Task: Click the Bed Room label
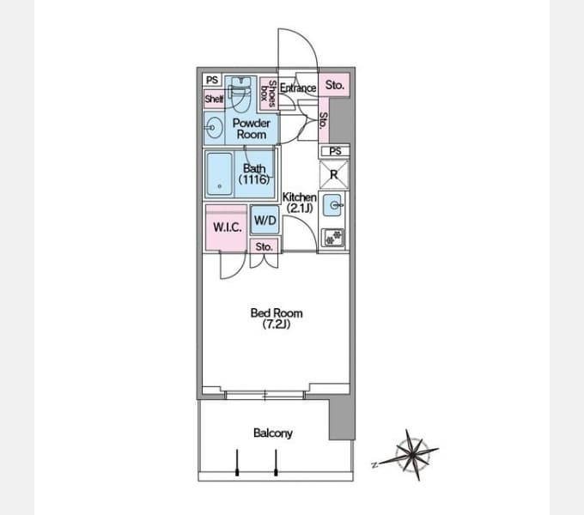pos(277,318)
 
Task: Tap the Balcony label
pos(272,433)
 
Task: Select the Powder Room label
pos(252,129)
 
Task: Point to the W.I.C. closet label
pos(228,227)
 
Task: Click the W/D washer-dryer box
pos(265,221)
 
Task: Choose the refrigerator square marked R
pos(334,174)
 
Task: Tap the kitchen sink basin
pos(332,205)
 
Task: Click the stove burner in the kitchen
pos(333,238)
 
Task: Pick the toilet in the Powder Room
pos(239,94)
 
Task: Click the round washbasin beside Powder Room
pos(214,128)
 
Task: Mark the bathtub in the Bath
pos(219,174)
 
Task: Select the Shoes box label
pos(269,94)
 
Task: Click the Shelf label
pos(214,99)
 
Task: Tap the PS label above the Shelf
pos(212,80)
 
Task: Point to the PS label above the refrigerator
pos(335,151)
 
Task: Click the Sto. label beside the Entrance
pos(334,85)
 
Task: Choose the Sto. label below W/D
pos(264,246)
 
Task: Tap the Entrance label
pos(298,88)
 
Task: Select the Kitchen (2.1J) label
pos(300,203)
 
